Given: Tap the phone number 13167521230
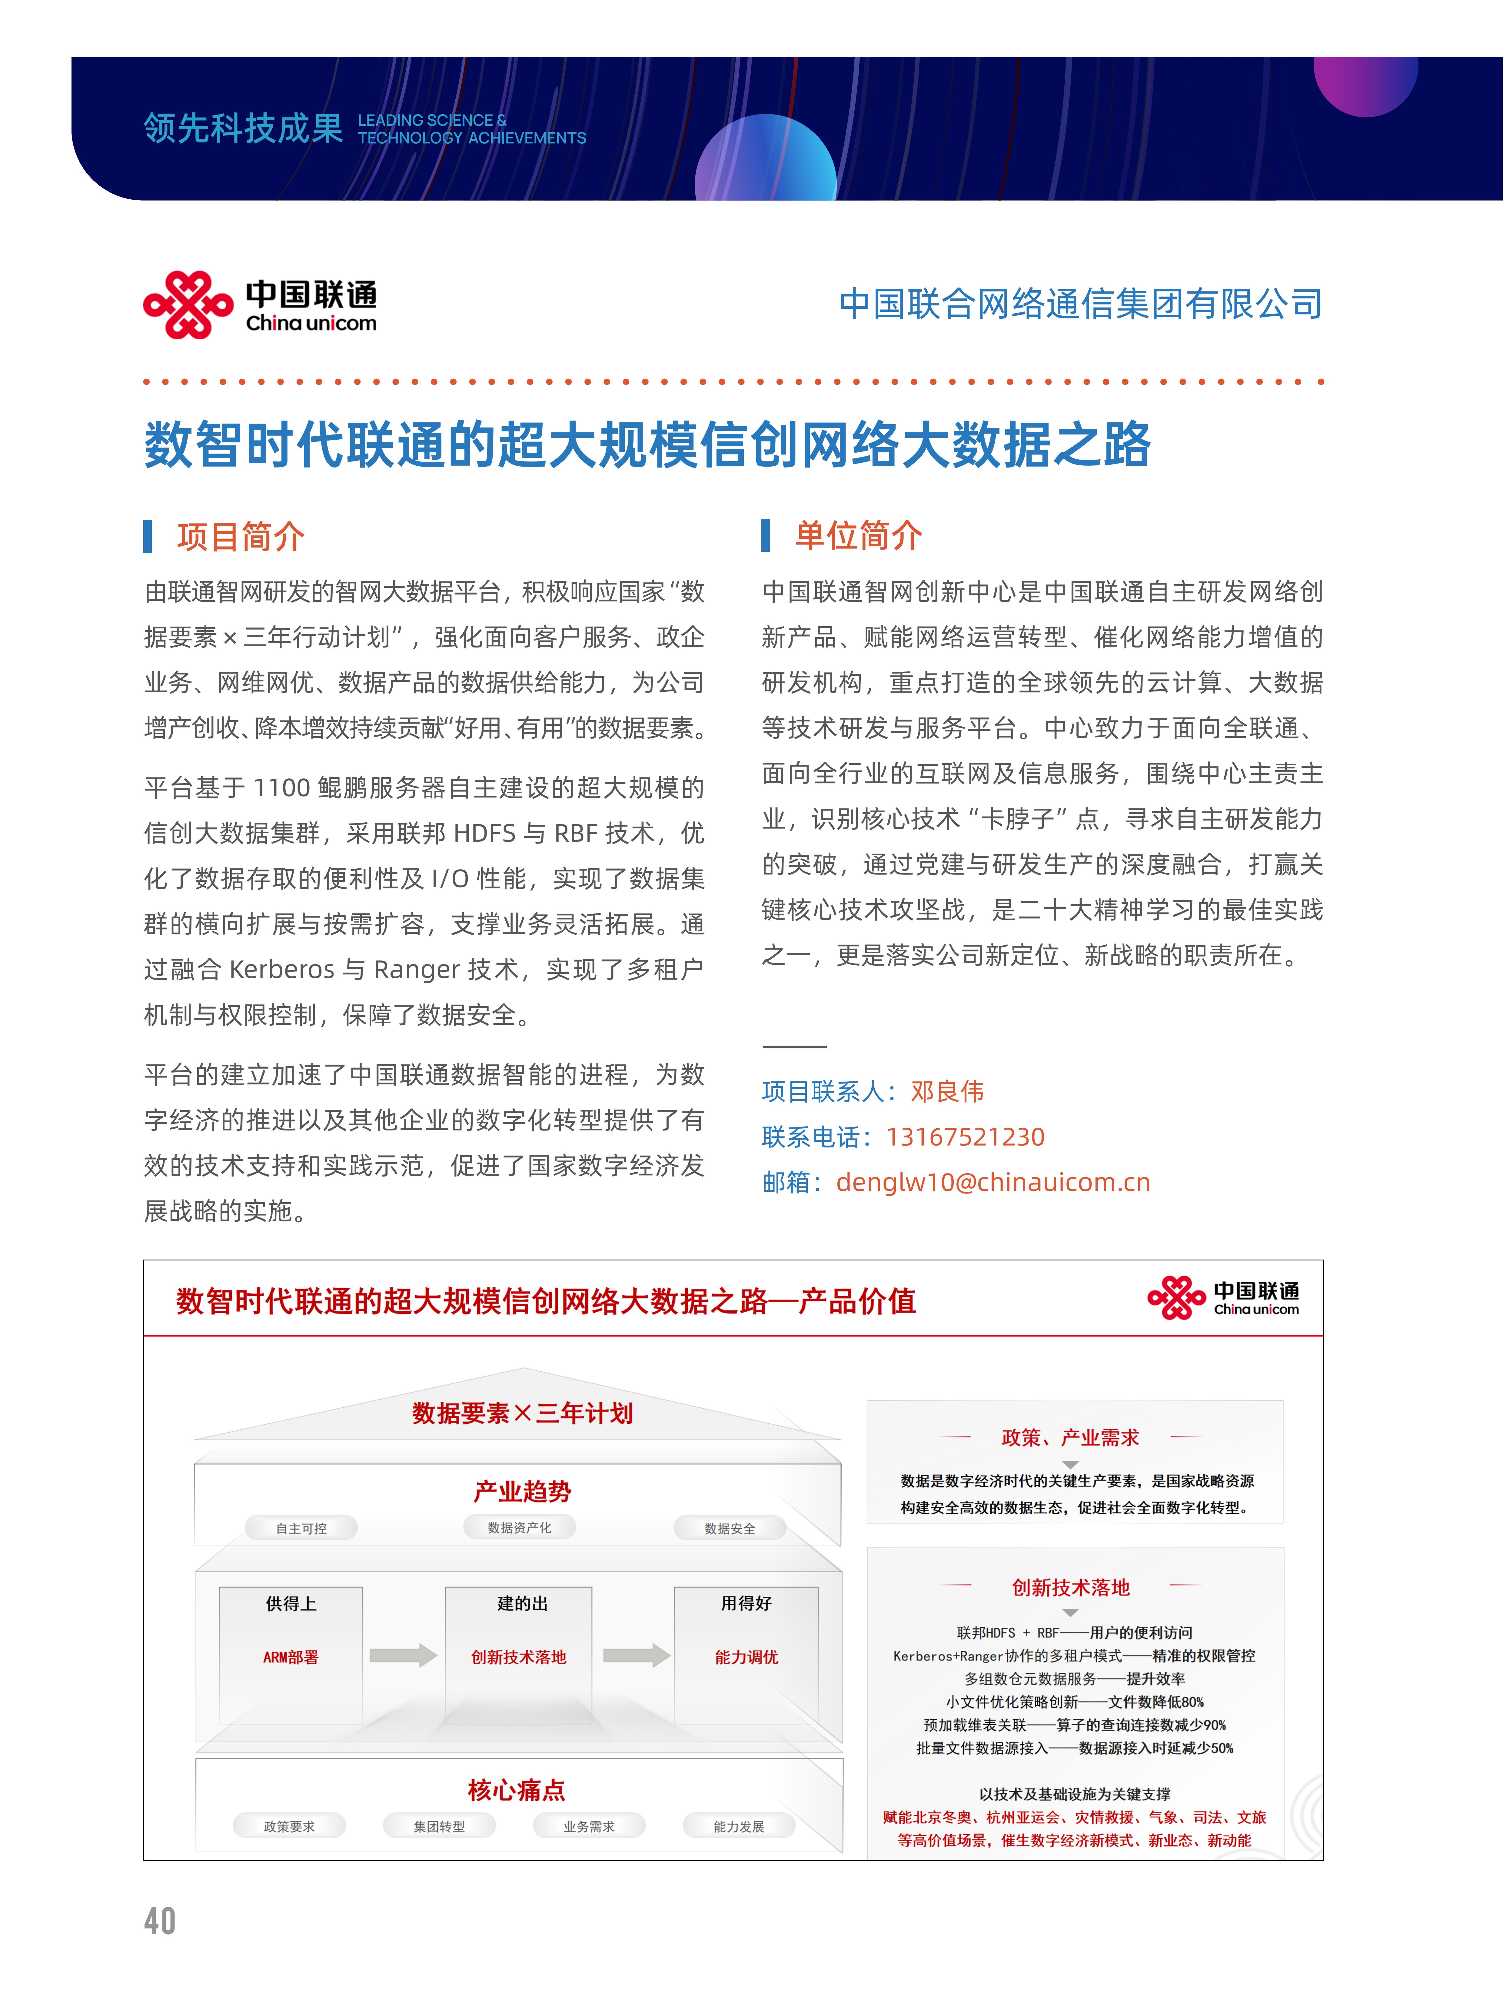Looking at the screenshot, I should pos(965,1137).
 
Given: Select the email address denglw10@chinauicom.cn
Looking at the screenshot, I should pos(993,1182).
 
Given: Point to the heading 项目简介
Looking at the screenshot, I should pos(240,536).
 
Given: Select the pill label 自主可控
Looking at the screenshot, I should pos(302,1528).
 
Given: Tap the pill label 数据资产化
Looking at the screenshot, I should pos(519,1527).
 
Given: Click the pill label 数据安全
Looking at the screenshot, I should pos(729,1528).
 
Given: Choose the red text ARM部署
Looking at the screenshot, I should pos(291,1657).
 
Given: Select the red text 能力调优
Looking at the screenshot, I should pos(747,1657).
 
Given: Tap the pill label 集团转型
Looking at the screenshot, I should pos(439,1826).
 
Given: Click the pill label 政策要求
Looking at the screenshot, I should pos(289,1826).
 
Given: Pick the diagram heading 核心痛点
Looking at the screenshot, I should pos(517,1790).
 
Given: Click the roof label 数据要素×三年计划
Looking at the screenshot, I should pos(523,1413).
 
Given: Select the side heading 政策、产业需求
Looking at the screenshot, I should pos(1070,1438).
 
